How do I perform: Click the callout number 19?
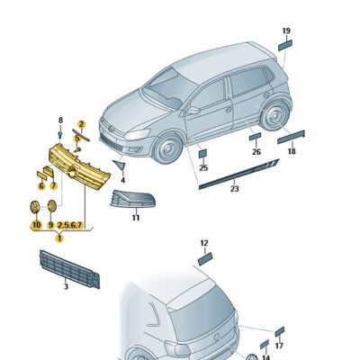(286, 31)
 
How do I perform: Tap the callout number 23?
(234, 189)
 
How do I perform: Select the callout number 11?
(136, 218)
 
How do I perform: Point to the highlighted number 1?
(59, 238)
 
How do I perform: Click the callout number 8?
(60, 120)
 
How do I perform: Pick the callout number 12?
(204, 243)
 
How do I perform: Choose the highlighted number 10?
(36, 225)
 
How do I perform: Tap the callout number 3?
(66, 286)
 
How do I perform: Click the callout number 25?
(203, 167)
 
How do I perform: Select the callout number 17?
(279, 346)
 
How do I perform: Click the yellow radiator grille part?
(79, 166)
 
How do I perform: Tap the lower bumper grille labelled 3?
(69, 269)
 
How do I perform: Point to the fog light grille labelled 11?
(132, 199)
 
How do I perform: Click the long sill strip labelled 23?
(239, 173)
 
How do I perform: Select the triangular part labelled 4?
(120, 165)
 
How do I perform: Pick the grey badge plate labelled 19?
(285, 45)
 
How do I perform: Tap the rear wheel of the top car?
(274, 115)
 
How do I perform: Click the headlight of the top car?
(138, 134)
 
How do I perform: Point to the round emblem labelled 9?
(52, 206)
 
